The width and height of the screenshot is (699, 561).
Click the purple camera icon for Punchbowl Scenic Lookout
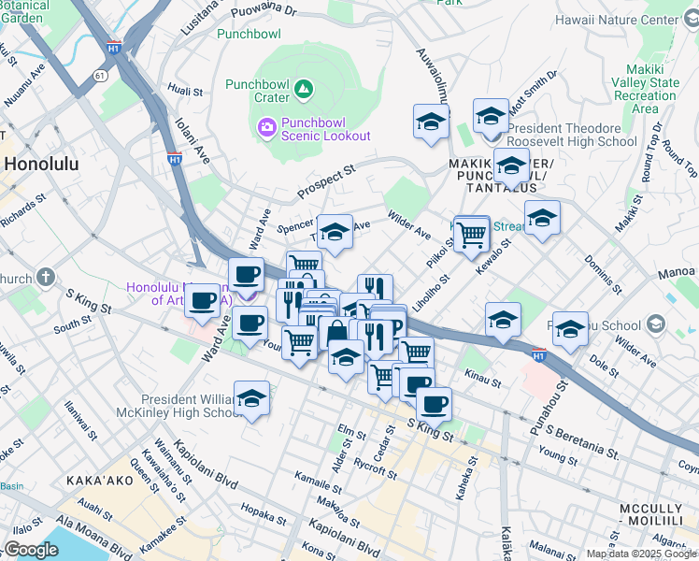266,125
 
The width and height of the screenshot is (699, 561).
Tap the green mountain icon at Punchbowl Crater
303,90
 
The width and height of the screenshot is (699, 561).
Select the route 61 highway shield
100,73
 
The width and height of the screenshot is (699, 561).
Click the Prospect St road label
327,183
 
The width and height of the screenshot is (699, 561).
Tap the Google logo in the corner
31,550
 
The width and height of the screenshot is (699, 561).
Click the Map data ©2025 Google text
641,554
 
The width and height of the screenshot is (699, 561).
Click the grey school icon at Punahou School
656,325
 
